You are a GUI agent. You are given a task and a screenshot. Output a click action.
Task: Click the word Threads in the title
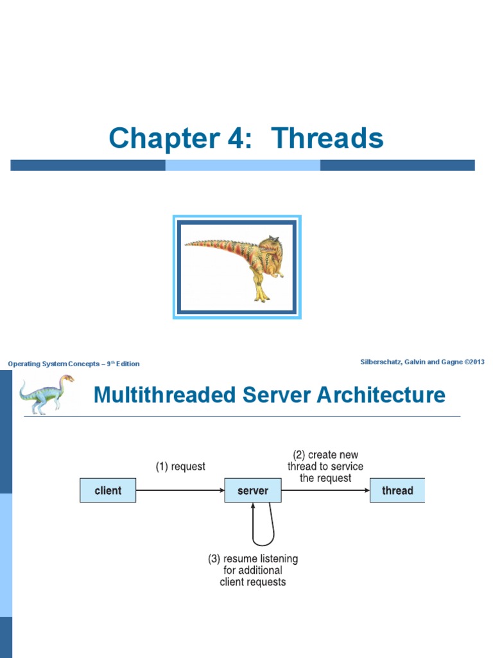click(327, 138)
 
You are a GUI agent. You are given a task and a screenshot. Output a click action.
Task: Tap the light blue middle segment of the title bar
click(243, 165)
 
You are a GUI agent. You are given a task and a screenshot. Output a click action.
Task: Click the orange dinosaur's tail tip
click(188, 244)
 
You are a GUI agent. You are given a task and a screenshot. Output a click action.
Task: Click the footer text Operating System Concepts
click(54, 364)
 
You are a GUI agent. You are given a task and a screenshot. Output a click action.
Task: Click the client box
click(108, 490)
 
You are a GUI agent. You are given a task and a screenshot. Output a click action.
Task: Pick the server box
click(253, 490)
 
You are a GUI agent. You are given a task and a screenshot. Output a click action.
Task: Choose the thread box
click(397, 490)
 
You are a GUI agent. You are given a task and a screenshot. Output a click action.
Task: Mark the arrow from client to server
click(180, 490)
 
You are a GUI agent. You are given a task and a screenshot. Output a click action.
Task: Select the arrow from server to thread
click(325, 490)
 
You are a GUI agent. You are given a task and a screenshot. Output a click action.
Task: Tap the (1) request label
click(180, 467)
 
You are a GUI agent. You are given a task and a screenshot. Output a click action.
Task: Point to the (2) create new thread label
click(325, 467)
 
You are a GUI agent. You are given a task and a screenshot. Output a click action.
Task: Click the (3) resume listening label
click(253, 570)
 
